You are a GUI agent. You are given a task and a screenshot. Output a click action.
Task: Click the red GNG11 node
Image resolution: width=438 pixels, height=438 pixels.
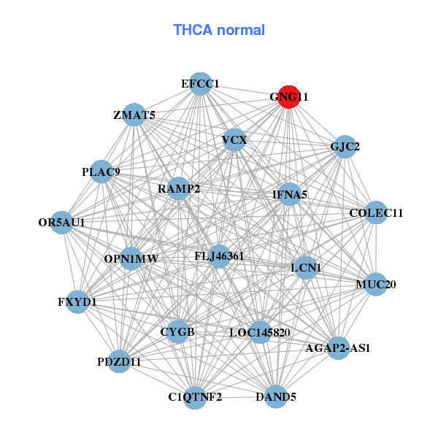tap(289, 97)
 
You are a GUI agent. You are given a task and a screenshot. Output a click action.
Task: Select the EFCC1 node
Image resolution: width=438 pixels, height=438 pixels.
tap(201, 84)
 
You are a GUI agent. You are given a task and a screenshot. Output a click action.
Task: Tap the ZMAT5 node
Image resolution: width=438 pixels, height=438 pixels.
tap(134, 115)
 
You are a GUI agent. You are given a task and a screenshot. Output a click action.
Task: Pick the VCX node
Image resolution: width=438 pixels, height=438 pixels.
tap(234, 139)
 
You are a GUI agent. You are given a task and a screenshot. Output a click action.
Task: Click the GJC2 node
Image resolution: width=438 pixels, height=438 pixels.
tap(345, 147)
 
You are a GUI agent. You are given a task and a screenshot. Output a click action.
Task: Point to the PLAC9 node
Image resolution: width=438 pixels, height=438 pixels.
tap(101, 172)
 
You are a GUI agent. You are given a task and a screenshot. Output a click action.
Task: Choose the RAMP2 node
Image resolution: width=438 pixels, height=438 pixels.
tap(179, 189)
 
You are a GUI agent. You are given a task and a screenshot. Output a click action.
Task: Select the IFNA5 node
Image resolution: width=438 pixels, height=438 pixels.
tap(290, 195)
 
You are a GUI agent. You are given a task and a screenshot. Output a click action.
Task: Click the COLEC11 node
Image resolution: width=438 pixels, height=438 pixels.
tap(376, 213)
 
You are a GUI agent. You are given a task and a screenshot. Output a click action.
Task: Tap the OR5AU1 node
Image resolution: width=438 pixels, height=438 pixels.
tap(62, 222)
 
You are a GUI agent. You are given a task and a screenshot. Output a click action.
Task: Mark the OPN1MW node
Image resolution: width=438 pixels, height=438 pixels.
tap(131, 258)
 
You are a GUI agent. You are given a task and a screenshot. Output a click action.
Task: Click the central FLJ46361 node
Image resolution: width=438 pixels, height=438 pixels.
tap(219, 256)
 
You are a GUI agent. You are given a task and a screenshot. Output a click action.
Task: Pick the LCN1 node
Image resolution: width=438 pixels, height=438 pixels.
tap(306, 268)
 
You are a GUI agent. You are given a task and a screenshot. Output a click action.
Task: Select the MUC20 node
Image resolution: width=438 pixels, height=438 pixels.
tap(375, 284)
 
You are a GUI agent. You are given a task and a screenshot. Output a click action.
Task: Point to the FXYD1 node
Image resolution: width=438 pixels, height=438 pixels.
tap(77, 301)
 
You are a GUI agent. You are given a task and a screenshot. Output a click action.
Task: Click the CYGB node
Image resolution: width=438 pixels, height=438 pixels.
tap(177, 333)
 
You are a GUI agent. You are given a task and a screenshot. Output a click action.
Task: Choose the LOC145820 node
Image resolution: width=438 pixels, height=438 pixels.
tap(260, 333)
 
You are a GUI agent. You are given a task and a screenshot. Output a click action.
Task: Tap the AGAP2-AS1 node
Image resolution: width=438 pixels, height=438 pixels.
tap(338, 348)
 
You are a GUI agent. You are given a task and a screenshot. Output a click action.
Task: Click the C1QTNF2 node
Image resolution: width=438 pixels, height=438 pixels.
tap(195, 397)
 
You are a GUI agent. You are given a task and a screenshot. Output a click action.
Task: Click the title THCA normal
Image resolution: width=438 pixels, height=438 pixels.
tap(219, 30)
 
